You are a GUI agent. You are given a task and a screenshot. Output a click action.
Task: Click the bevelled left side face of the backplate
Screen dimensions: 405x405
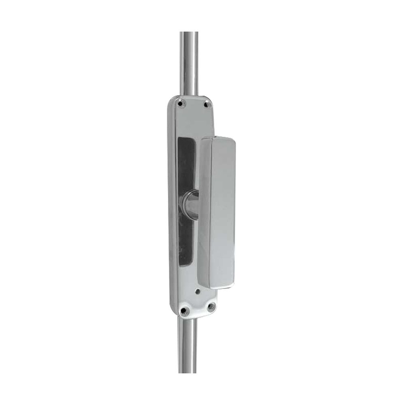click(170, 202)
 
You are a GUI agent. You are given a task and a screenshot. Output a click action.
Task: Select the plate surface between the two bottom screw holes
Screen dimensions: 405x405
click(197, 310)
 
